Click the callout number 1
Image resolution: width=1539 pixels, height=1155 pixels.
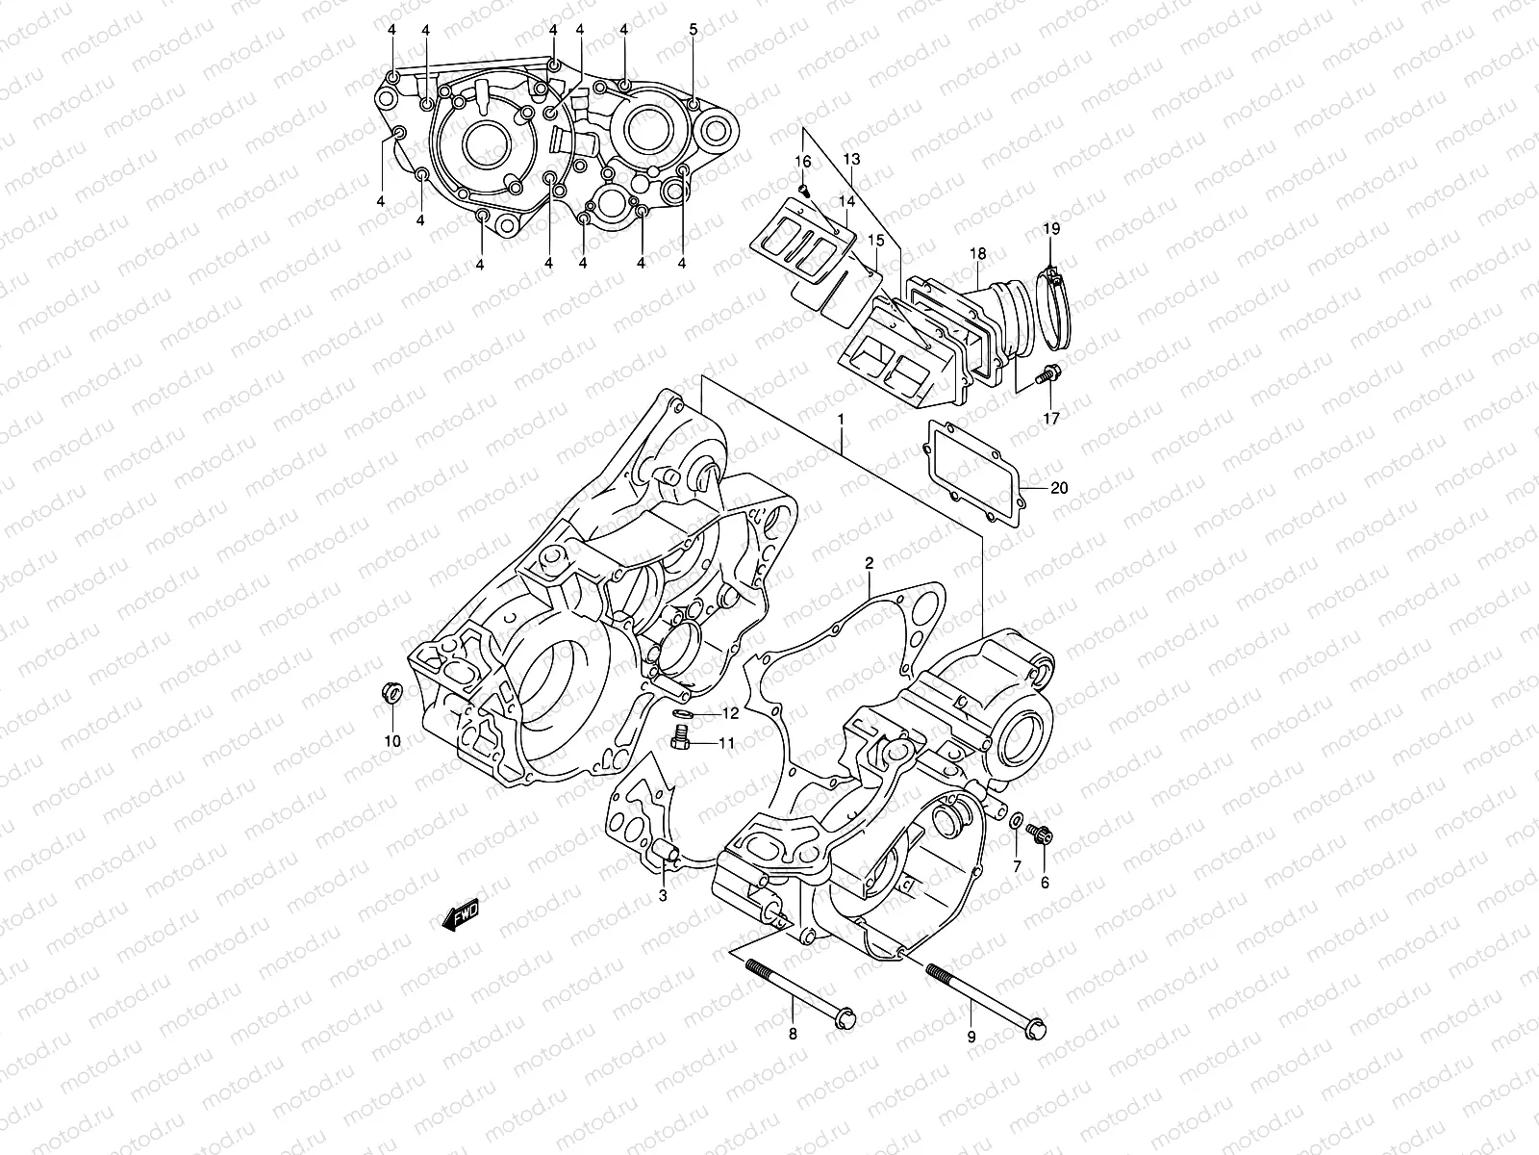pyautogui.click(x=841, y=421)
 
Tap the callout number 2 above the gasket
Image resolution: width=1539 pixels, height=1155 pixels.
pyautogui.click(x=868, y=563)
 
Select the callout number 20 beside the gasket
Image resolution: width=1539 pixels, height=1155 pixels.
pyautogui.click(x=1058, y=488)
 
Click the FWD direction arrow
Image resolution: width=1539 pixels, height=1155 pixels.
pyautogui.click(x=461, y=916)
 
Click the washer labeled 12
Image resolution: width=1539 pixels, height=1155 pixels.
pyautogui.click(x=684, y=714)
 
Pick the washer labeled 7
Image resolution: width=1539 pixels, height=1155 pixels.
pyautogui.click(x=1016, y=820)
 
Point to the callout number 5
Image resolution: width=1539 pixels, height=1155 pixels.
pyautogui.click(x=694, y=30)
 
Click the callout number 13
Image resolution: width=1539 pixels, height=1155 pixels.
pyautogui.click(x=851, y=158)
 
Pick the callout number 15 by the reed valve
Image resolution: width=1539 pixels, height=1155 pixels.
pyautogui.click(x=875, y=240)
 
